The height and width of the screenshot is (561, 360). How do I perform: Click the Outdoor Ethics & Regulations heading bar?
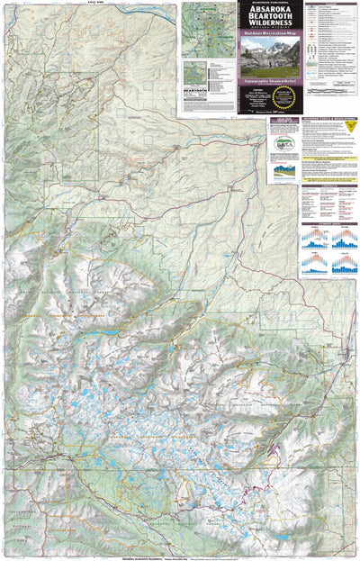point(329,119)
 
